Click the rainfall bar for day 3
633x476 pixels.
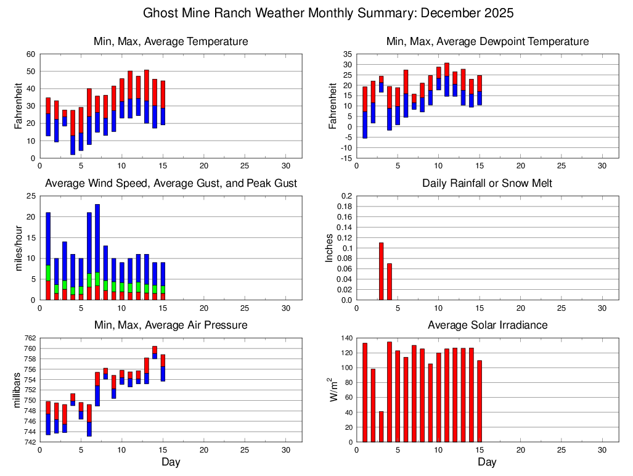(381, 271)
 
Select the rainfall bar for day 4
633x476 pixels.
(390, 282)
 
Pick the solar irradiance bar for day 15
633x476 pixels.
(480, 401)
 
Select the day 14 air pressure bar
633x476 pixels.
(155, 352)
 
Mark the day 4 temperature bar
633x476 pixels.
(73, 133)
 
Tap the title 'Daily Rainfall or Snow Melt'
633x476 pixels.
(487, 184)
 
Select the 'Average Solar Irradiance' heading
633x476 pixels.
(487, 325)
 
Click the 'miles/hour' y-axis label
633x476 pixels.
(18, 248)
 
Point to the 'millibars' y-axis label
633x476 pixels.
(18, 390)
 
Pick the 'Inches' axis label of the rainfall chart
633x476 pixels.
(329, 248)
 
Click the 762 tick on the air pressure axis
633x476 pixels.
(30, 338)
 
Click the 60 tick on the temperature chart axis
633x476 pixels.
(30, 54)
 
